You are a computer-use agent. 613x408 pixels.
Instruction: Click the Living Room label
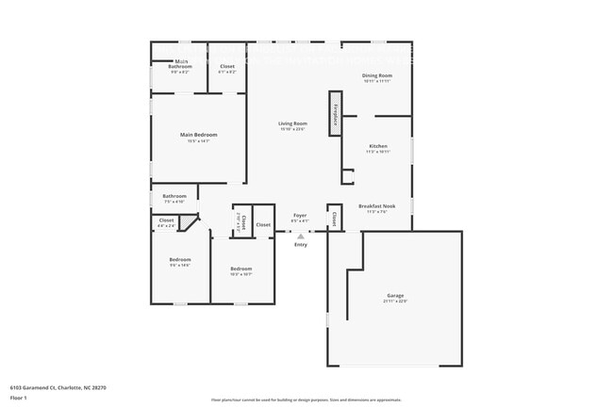click(292, 123)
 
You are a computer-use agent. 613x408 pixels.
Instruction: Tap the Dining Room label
click(377, 75)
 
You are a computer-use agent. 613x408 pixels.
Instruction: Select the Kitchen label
click(378, 146)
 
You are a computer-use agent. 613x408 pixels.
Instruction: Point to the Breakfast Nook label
click(376, 206)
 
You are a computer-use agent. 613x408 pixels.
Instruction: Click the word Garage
click(394, 295)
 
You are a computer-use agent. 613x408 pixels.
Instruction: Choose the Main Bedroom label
click(198, 135)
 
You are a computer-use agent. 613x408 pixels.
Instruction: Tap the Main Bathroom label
click(180, 65)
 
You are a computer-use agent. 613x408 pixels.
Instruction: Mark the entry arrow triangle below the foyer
click(301, 236)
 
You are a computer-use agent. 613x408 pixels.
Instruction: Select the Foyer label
click(300, 216)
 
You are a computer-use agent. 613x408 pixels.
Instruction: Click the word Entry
click(301, 245)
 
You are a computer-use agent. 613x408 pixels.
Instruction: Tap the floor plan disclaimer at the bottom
click(306, 400)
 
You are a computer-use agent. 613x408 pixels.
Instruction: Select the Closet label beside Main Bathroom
click(227, 66)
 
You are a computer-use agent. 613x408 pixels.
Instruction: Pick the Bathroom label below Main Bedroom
click(174, 196)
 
